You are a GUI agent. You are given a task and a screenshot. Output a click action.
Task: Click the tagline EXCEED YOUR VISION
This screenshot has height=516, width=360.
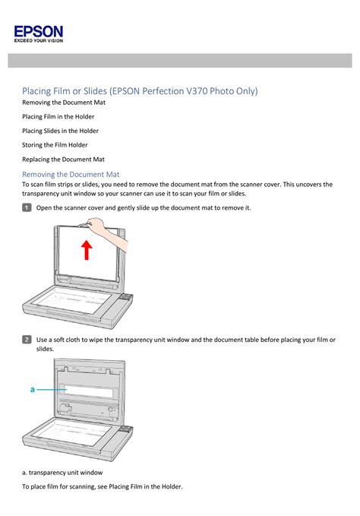39,41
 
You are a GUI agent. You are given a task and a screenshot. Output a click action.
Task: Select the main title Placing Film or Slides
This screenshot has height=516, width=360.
140,91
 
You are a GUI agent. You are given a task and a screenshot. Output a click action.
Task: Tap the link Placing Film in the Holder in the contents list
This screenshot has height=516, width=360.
58,116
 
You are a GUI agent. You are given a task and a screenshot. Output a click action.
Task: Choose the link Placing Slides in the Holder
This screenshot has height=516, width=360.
60,131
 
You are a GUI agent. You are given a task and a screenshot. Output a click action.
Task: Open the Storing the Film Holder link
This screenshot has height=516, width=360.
55,145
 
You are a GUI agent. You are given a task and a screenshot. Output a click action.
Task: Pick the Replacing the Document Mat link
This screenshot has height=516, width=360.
63,160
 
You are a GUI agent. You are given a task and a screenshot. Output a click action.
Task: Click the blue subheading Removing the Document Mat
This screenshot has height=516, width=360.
71,175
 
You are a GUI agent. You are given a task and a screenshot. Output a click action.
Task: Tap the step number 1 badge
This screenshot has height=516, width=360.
27,207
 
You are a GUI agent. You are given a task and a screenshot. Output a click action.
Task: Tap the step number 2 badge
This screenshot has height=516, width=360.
27,340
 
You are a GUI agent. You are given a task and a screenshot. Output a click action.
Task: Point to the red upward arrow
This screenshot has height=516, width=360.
87,250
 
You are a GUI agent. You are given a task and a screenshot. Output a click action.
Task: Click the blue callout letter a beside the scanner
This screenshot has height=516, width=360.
32,390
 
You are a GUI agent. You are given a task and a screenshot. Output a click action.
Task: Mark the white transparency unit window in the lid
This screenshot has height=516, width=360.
86,391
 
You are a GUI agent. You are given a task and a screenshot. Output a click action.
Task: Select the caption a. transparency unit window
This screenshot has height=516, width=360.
62,473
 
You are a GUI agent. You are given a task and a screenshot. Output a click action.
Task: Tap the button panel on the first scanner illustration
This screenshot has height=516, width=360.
125,297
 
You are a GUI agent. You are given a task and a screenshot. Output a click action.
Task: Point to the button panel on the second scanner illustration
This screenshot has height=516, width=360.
125,429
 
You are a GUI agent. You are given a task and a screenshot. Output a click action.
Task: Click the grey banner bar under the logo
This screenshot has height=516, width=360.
180,61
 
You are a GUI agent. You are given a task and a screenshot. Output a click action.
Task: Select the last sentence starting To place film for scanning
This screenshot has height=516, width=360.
103,486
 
